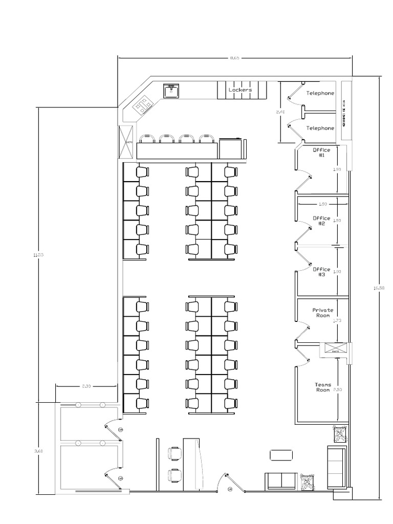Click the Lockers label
[240, 90]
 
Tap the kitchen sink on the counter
[171, 91]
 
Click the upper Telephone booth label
[320, 93]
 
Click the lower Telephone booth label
[320, 128]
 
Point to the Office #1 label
[322, 152]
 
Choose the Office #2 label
[322, 221]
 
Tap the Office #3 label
[322, 272]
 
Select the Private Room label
[323, 313]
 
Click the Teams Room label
[323, 387]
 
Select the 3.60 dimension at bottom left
[35, 451]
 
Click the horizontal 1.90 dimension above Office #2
[322, 204]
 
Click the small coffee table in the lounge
[281, 454]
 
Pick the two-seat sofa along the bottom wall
[280, 481]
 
